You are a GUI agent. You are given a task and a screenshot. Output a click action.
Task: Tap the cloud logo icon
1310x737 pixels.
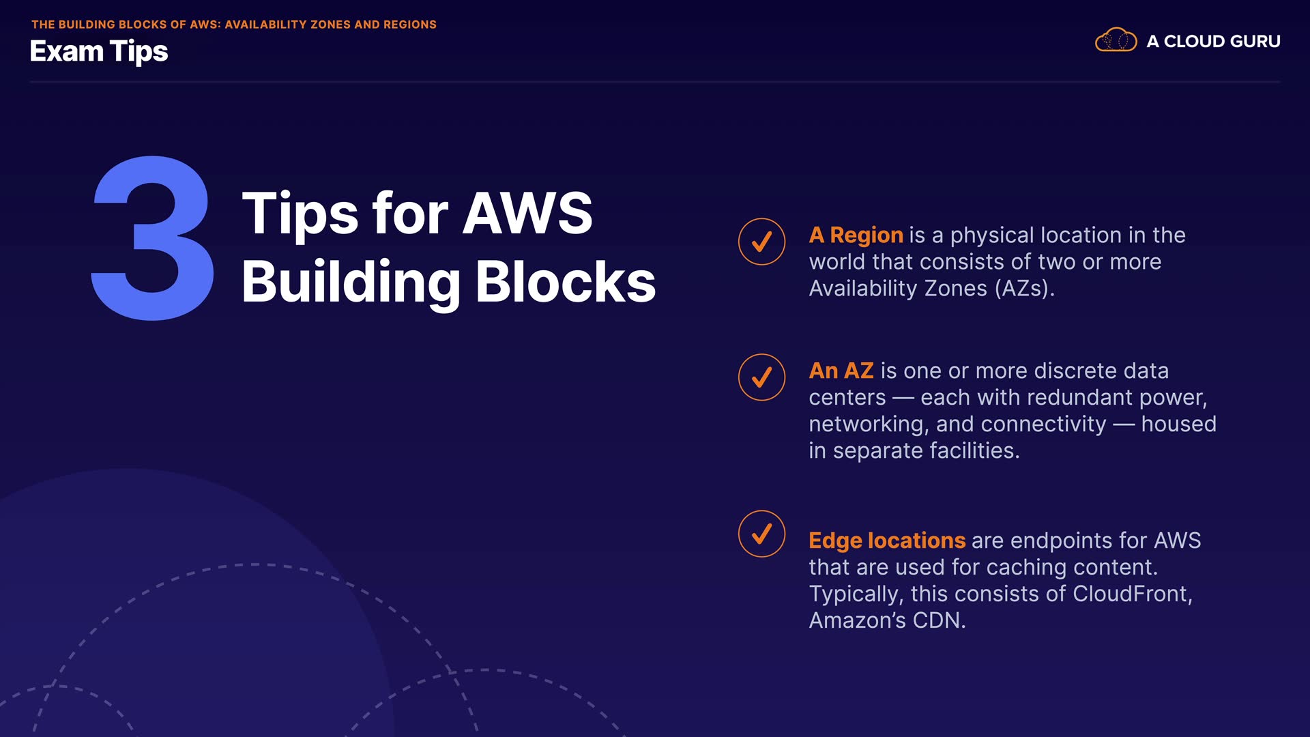click(1116, 40)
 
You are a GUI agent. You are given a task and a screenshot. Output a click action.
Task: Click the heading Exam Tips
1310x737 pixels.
click(99, 52)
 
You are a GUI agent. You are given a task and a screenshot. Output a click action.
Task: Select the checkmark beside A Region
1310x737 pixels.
click(761, 242)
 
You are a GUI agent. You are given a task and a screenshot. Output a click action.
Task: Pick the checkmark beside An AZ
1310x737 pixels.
click(761, 377)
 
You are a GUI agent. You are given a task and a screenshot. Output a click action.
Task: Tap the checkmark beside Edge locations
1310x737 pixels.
click(761, 534)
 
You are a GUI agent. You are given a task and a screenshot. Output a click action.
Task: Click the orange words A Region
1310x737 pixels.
click(856, 235)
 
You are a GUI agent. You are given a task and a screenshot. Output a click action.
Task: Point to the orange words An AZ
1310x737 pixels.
click(841, 371)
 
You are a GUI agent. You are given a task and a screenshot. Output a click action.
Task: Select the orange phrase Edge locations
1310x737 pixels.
click(886, 541)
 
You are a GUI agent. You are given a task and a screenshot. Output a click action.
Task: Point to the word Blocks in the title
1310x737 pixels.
click(565, 282)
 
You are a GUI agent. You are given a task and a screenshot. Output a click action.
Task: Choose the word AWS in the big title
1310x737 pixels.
click(527, 213)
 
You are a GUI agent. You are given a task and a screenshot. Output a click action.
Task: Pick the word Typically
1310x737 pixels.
click(856, 594)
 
